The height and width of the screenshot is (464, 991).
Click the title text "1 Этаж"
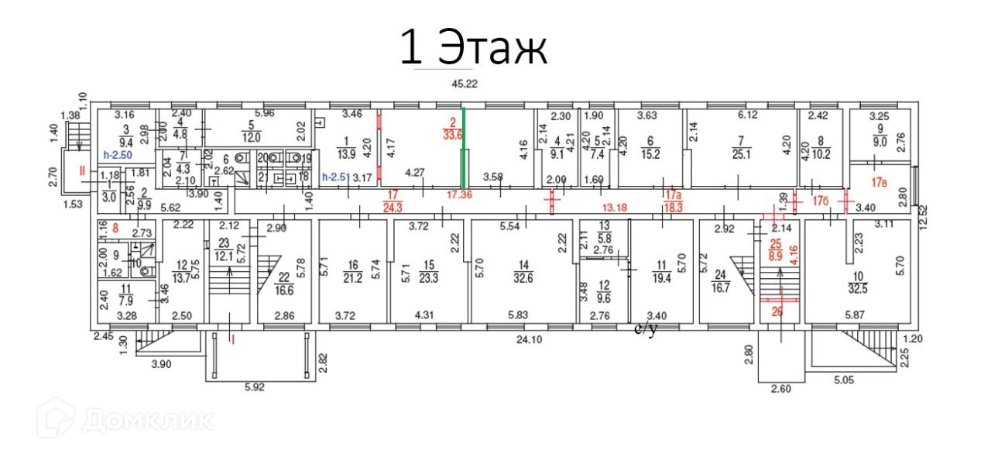coord(473,48)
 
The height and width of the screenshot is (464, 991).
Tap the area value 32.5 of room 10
coord(854,279)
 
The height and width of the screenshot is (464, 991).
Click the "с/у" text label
coord(645,329)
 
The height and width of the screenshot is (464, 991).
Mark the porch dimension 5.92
coord(254,387)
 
